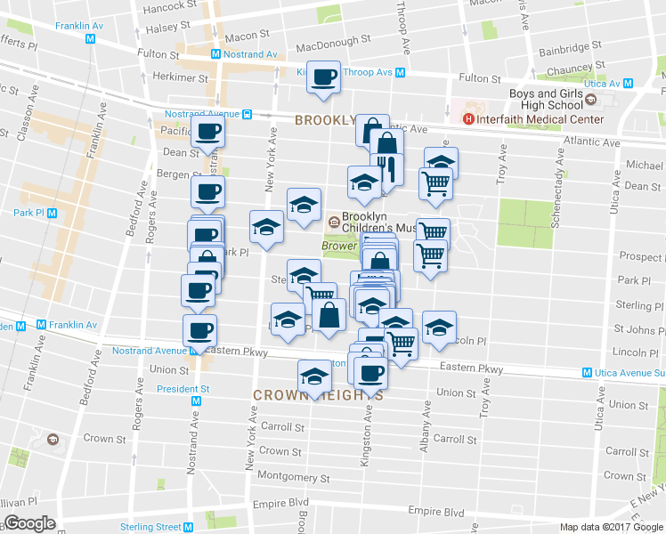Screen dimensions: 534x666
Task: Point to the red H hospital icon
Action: click(467, 119)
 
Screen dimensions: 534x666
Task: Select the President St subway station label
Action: click(183, 389)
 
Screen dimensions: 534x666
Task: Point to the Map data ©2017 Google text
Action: click(611, 527)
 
